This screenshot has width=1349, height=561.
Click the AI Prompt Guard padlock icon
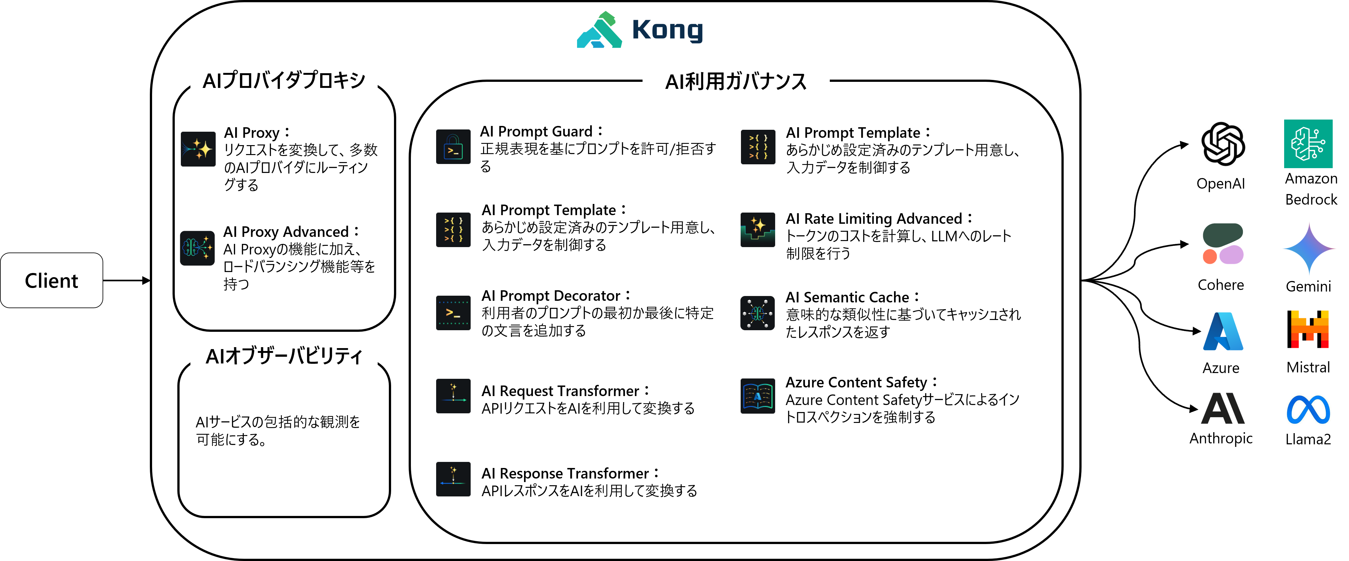click(x=453, y=147)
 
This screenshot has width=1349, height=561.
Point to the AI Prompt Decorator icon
click(x=453, y=313)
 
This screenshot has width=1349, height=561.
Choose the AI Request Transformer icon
click(x=453, y=396)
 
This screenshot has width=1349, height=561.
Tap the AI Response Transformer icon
click(x=453, y=479)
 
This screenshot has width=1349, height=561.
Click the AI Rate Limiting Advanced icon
click(x=758, y=230)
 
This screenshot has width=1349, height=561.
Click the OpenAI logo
click(x=1223, y=144)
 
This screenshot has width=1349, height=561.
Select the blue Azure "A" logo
click(x=1223, y=331)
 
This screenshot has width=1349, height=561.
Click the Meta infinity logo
click(x=1308, y=409)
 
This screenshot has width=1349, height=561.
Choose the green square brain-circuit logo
click(x=1308, y=144)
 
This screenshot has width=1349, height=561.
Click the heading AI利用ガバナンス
click(x=736, y=82)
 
